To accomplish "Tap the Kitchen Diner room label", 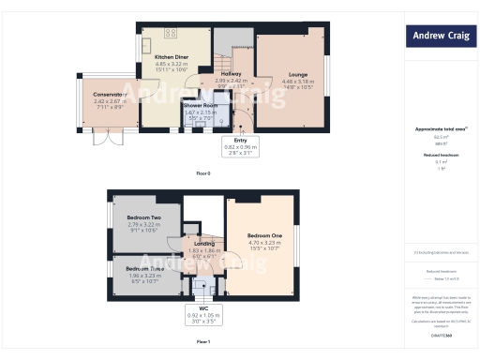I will pyautogui.click(x=170, y=56).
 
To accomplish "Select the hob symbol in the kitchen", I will pyautogui.click(x=171, y=33).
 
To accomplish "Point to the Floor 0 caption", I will pyautogui.click(x=203, y=173).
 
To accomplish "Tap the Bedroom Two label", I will pyautogui.click(x=143, y=217).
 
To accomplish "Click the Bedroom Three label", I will pyautogui.click(x=144, y=269).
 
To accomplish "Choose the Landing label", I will pyautogui.click(x=202, y=245).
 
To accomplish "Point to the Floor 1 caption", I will pyautogui.click(x=203, y=341).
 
